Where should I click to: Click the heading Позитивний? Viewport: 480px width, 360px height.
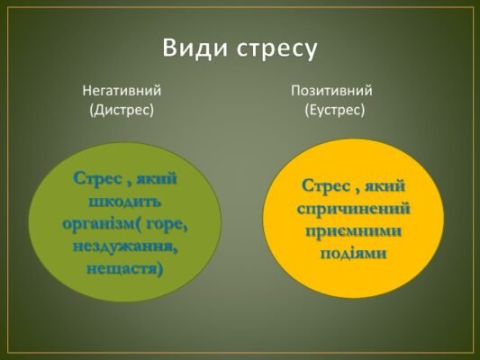coord(331,90)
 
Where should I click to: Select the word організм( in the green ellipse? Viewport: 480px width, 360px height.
coord(100,223)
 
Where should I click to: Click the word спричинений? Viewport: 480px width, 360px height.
coord(354,209)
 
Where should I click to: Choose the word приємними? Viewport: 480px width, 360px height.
coord(354,230)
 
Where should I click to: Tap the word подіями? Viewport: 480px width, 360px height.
coord(354,252)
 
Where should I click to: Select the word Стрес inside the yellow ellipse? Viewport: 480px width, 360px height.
coord(327,186)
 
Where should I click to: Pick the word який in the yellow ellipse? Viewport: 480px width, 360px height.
coord(386,186)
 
